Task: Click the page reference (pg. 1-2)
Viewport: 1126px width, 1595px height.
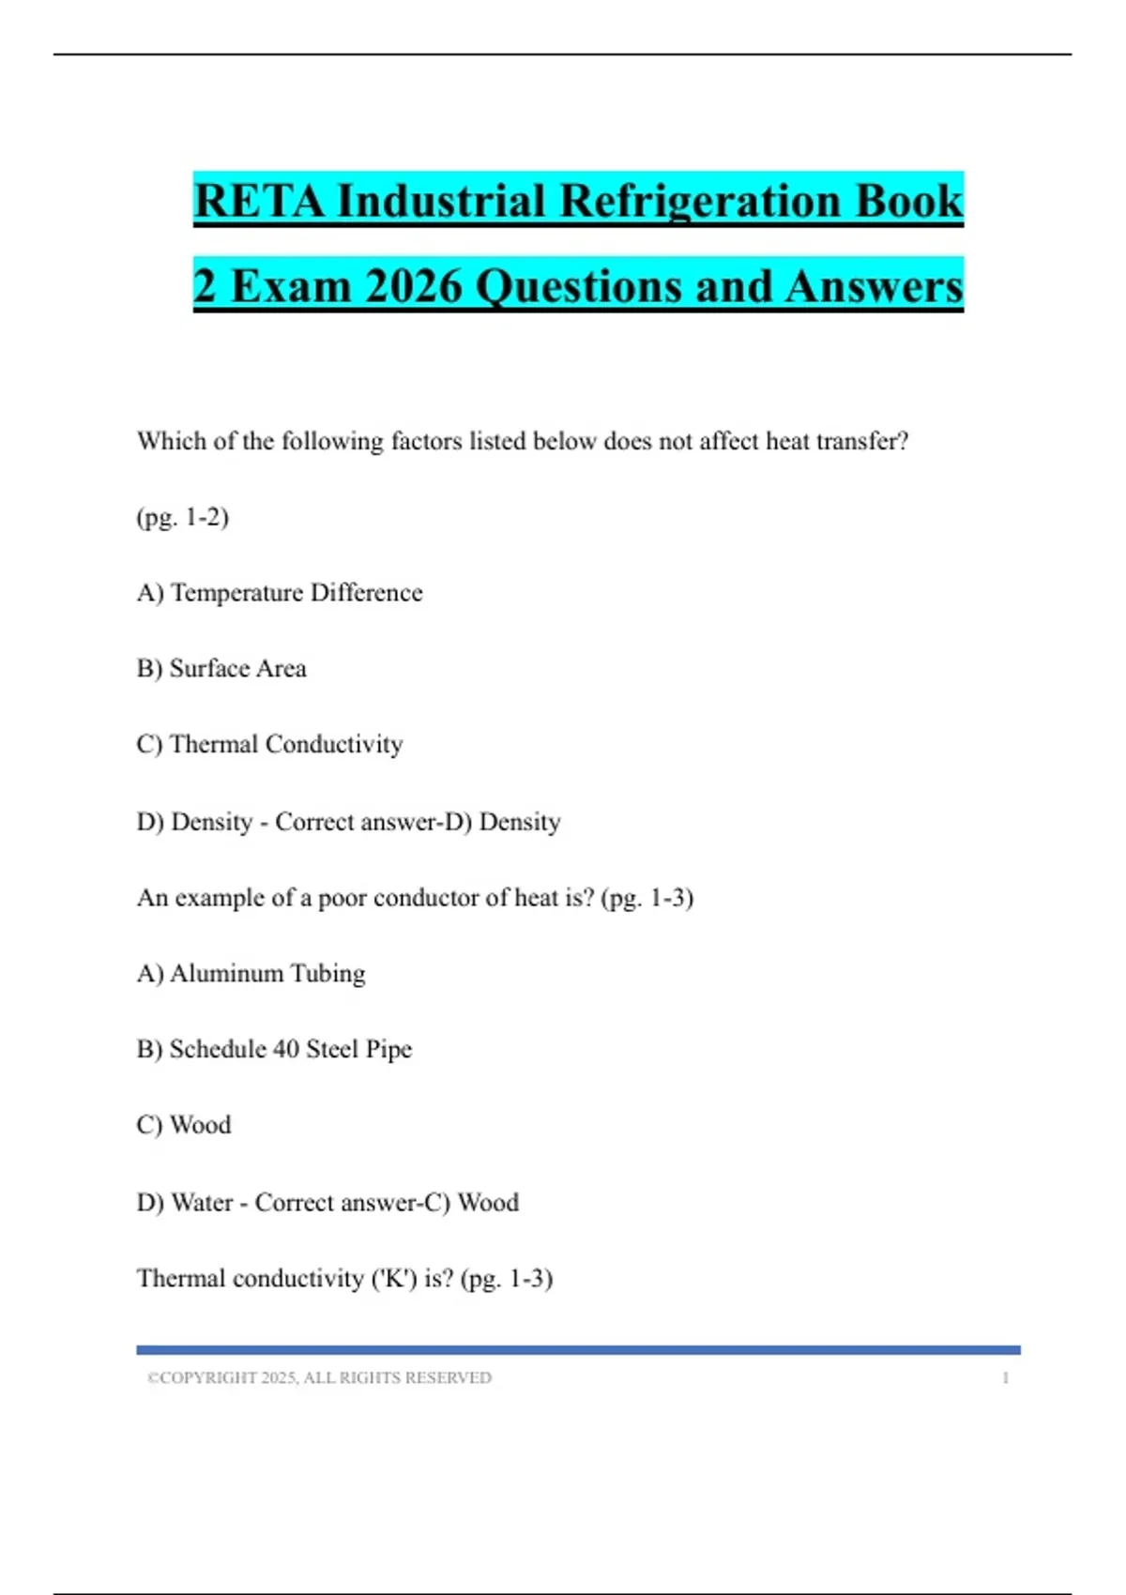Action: click(183, 517)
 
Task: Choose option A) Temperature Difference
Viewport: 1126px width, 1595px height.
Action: click(280, 593)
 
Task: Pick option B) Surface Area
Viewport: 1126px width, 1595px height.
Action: click(221, 669)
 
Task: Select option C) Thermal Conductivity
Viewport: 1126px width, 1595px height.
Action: click(270, 745)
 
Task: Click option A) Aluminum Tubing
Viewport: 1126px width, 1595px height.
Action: click(251, 974)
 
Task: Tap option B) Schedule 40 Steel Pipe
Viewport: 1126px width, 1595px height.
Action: click(274, 1049)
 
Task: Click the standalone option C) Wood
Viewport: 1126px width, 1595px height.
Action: click(184, 1125)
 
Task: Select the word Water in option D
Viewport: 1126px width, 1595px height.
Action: click(203, 1203)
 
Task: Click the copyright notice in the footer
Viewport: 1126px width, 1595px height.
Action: click(319, 1378)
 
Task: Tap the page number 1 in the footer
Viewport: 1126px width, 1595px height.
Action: click(1005, 1378)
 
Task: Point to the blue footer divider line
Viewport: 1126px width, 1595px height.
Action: click(578, 1350)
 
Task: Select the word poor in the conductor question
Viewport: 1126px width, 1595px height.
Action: click(342, 899)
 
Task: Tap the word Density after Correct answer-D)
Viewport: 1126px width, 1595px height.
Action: click(520, 822)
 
